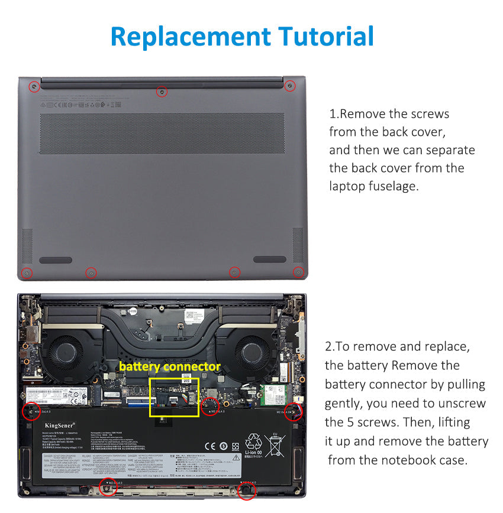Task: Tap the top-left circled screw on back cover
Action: tap(34, 86)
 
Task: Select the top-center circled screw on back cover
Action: tap(162, 92)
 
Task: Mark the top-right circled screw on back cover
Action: tap(289, 86)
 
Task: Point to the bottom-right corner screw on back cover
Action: tap(298, 272)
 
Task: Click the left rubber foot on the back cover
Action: tap(56, 260)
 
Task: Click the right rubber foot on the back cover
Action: tap(270, 259)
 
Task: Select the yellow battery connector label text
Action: tap(169, 367)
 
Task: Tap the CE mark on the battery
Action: tap(209, 446)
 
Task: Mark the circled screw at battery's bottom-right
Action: tap(247, 490)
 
